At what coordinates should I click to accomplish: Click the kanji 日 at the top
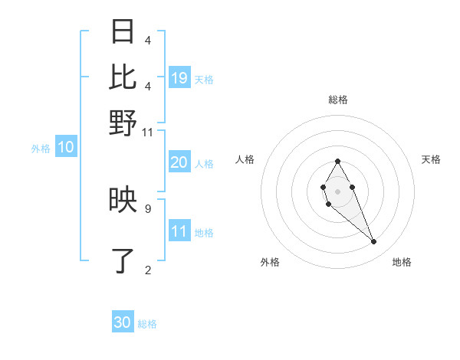point(123,32)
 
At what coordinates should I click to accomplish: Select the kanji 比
point(123,77)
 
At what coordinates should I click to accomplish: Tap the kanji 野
point(123,122)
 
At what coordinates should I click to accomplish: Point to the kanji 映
point(123,201)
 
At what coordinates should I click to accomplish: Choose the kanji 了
point(123,261)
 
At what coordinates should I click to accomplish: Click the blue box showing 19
point(179,77)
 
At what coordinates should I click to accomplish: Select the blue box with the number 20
point(179,162)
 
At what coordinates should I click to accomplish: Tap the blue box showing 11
point(179,232)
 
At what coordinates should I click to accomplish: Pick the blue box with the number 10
point(66,148)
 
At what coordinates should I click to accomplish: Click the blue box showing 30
point(123,322)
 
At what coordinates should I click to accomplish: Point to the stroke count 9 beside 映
point(148,208)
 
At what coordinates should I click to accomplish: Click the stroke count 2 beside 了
point(148,269)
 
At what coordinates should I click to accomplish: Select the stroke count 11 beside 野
point(148,133)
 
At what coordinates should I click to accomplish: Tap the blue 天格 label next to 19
point(204,79)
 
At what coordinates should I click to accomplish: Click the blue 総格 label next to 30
point(147,324)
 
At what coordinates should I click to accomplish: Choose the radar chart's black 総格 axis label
point(337,100)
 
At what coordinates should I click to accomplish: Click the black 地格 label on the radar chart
point(402,262)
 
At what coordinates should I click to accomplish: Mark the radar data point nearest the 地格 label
point(374,242)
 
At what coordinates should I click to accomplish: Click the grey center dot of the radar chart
point(337,190)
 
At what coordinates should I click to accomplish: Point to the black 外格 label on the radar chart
point(270,262)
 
